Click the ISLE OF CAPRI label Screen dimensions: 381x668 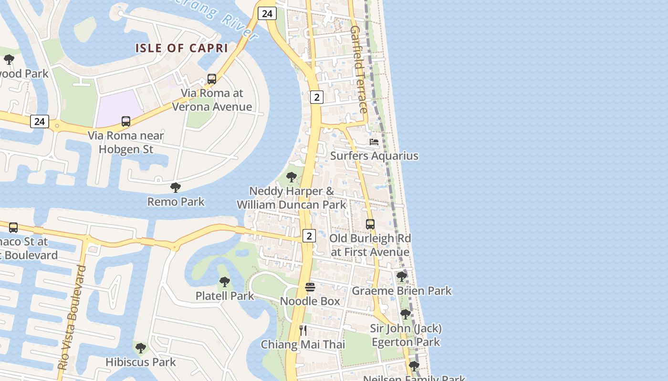pos(181,48)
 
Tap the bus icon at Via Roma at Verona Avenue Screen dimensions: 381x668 pos(212,79)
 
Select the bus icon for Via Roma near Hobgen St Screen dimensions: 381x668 pos(126,121)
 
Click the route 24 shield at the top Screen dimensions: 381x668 pos(267,13)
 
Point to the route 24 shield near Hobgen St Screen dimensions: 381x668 pos(40,121)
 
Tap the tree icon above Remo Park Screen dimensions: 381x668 pos(176,188)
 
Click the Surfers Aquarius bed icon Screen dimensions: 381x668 pos(374,142)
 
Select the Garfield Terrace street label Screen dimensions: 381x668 pos(359,70)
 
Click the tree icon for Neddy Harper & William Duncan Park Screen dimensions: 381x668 pos(291,178)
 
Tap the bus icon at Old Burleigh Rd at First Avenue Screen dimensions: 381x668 pos(370,224)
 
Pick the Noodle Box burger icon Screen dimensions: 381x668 pos(310,287)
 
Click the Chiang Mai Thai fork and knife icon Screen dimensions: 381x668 pos(303,330)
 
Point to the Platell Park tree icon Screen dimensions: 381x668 pos(225,282)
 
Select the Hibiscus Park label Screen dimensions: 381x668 pos(141,362)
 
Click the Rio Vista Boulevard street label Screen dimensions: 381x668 pos(72,318)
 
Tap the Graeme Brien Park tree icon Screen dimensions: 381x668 pos(402,276)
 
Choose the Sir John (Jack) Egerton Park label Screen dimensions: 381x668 pos(406,335)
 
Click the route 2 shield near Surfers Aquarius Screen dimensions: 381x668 pos(317,97)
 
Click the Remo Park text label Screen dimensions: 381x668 pos(176,201)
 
